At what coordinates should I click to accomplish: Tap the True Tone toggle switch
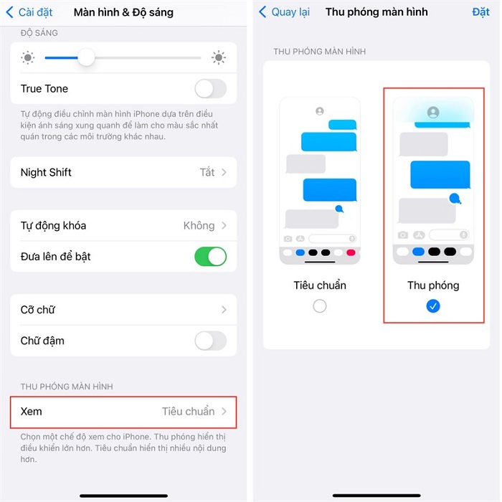pos(210,89)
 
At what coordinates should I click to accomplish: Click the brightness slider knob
pos(86,57)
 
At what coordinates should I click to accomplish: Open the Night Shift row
pos(123,172)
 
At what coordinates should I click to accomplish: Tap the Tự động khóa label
pos(53,225)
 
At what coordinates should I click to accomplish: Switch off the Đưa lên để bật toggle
pos(210,256)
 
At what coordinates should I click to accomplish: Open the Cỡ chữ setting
pos(123,310)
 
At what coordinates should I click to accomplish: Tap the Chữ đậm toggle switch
pos(210,341)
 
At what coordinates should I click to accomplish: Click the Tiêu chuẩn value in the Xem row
pos(188,412)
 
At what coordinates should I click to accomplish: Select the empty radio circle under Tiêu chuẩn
pos(320,306)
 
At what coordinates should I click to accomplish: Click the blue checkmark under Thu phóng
pos(432,306)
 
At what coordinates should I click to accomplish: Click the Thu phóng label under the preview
pos(433,285)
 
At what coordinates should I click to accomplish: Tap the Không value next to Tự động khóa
pos(199,225)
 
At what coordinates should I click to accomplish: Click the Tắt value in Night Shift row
pos(207,172)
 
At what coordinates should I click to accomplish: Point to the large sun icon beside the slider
pos(219,57)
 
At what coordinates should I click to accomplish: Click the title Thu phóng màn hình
pos(376,12)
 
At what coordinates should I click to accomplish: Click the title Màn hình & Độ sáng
pos(123,12)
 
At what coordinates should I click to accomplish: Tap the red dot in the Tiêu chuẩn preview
pos(351,252)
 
